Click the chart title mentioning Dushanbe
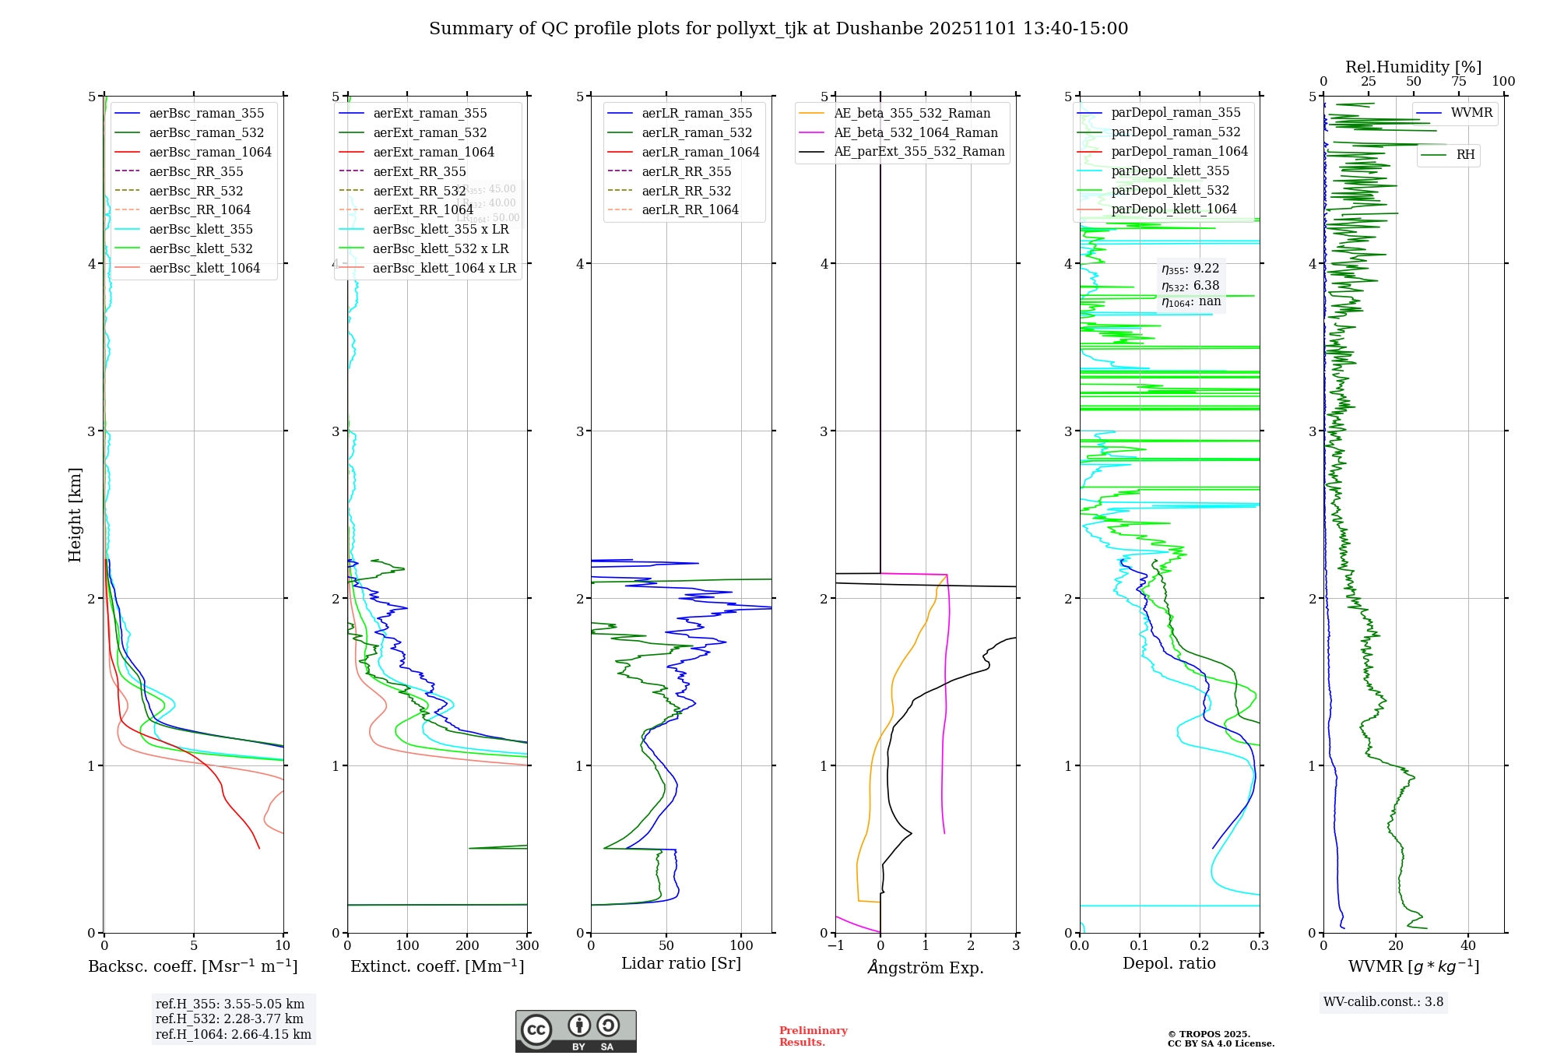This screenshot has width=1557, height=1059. pos(778,29)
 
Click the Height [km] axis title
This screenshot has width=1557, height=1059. pos(75,514)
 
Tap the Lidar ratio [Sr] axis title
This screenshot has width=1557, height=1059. pos(681,963)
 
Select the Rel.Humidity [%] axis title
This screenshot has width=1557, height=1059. pos(1413,67)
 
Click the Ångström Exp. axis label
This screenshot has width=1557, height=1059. pos(926,967)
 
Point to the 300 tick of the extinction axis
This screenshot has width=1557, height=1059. pos(527,945)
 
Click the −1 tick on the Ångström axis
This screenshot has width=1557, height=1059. pos(835,945)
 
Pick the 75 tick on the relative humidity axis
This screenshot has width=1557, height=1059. pos(1458,81)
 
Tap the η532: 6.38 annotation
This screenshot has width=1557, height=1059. pos(1190,286)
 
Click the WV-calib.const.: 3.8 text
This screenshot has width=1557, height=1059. pos(1383,1002)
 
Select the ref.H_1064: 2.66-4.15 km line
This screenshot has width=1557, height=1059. pos(234,1034)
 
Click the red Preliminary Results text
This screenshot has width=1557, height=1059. pos(813,1036)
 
